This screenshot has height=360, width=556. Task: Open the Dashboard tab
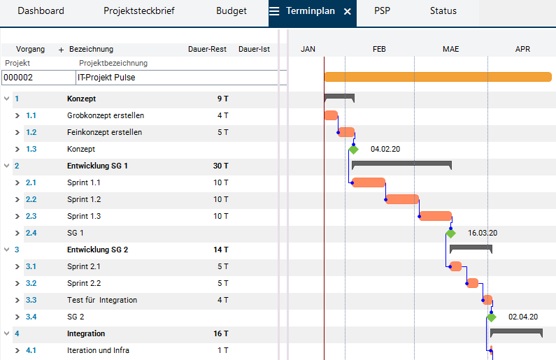click(41, 11)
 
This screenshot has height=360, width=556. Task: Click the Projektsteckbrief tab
click(139, 11)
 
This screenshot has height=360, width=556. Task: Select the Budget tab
click(231, 11)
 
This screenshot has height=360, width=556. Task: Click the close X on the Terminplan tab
click(348, 12)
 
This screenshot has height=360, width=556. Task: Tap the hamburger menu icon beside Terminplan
click(275, 12)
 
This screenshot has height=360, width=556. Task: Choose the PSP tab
click(382, 11)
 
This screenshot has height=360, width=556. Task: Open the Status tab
click(443, 11)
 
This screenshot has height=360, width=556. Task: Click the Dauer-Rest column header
click(207, 50)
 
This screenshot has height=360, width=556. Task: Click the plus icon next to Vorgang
click(61, 50)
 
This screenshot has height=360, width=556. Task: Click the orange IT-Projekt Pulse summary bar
click(437, 77)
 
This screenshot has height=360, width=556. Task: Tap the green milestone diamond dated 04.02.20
click(354, 149)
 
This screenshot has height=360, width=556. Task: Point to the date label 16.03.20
click(482, 233)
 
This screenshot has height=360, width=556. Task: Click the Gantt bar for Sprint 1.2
click(402, 199)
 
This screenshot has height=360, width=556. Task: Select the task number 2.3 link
click(31, 216)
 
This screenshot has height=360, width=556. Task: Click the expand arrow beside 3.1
click(17, 266)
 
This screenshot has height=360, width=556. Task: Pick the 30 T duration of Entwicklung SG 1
click(221, 166)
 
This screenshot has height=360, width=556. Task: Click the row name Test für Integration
click(102, 300)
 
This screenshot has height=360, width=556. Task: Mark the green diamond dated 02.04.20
click(491, 317)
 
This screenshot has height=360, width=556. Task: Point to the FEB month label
click(379, 50)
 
